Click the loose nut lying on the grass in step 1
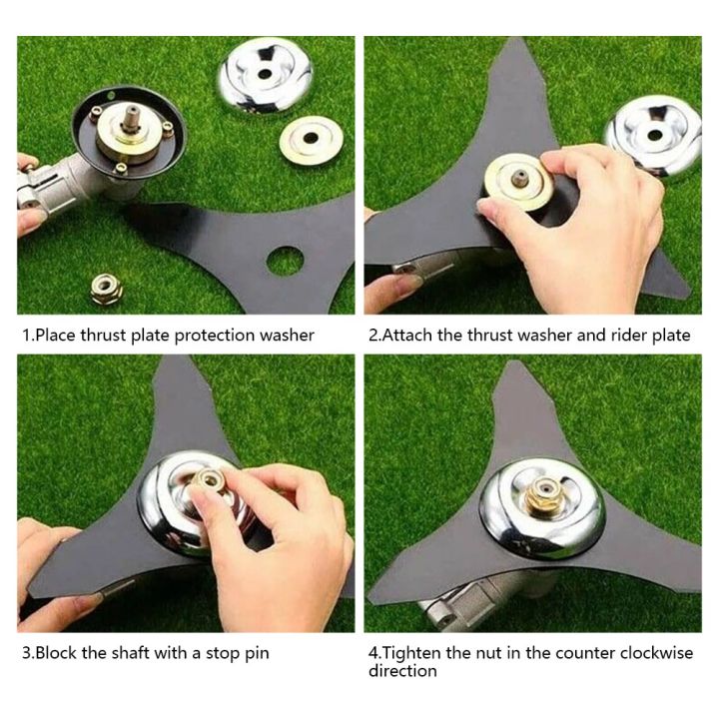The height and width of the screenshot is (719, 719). (107, 289)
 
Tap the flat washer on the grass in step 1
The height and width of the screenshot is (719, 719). (310, 140)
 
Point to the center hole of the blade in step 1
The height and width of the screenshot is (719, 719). (285, 261)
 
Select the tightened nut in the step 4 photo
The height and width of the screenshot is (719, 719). (543, 494)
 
